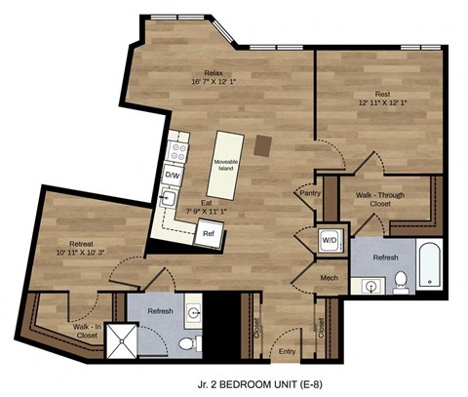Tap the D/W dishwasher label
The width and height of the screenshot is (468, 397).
[172, 175]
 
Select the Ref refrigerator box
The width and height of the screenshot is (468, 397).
[208, 234]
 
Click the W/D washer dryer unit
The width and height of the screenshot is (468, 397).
[329, 241]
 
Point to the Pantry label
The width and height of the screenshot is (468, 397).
[311, 193]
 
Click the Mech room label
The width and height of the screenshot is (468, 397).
[328, 278]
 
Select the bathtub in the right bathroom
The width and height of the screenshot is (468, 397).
[429, 263]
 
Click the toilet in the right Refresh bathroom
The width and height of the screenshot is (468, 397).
[400, 283]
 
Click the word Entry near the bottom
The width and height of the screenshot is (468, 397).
[286, 351]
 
